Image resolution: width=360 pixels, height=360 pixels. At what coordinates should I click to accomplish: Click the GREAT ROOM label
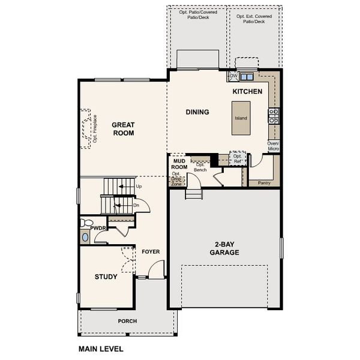point(122,129)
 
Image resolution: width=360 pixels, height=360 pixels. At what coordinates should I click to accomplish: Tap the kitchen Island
point(241,118)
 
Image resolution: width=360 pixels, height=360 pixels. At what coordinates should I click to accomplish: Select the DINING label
point(197,112)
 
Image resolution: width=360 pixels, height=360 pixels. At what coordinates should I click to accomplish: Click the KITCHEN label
point(247,92)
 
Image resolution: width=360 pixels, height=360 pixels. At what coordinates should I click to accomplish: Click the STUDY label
point(106,277)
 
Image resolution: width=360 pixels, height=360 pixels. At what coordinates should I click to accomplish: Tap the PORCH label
point(127,321)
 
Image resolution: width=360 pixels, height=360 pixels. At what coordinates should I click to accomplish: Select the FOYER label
point(151,251)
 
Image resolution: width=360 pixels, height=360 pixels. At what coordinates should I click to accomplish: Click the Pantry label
point(264,182)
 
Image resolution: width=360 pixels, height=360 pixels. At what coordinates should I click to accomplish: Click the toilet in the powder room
point(85,223)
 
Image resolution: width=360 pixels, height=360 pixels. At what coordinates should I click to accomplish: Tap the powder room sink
point(85,237)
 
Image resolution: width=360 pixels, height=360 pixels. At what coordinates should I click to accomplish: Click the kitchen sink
point(246,77)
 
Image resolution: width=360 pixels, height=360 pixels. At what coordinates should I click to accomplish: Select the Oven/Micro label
point(274,146)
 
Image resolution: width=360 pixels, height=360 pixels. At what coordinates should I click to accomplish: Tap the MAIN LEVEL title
point(101,348)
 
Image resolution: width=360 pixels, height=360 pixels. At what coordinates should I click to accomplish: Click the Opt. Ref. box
point(238,158)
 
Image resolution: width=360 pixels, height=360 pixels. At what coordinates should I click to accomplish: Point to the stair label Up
point(139,187)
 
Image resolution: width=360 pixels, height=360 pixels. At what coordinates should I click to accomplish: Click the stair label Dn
point(137,205)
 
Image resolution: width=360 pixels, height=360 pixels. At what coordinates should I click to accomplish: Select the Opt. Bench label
point(200,167)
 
